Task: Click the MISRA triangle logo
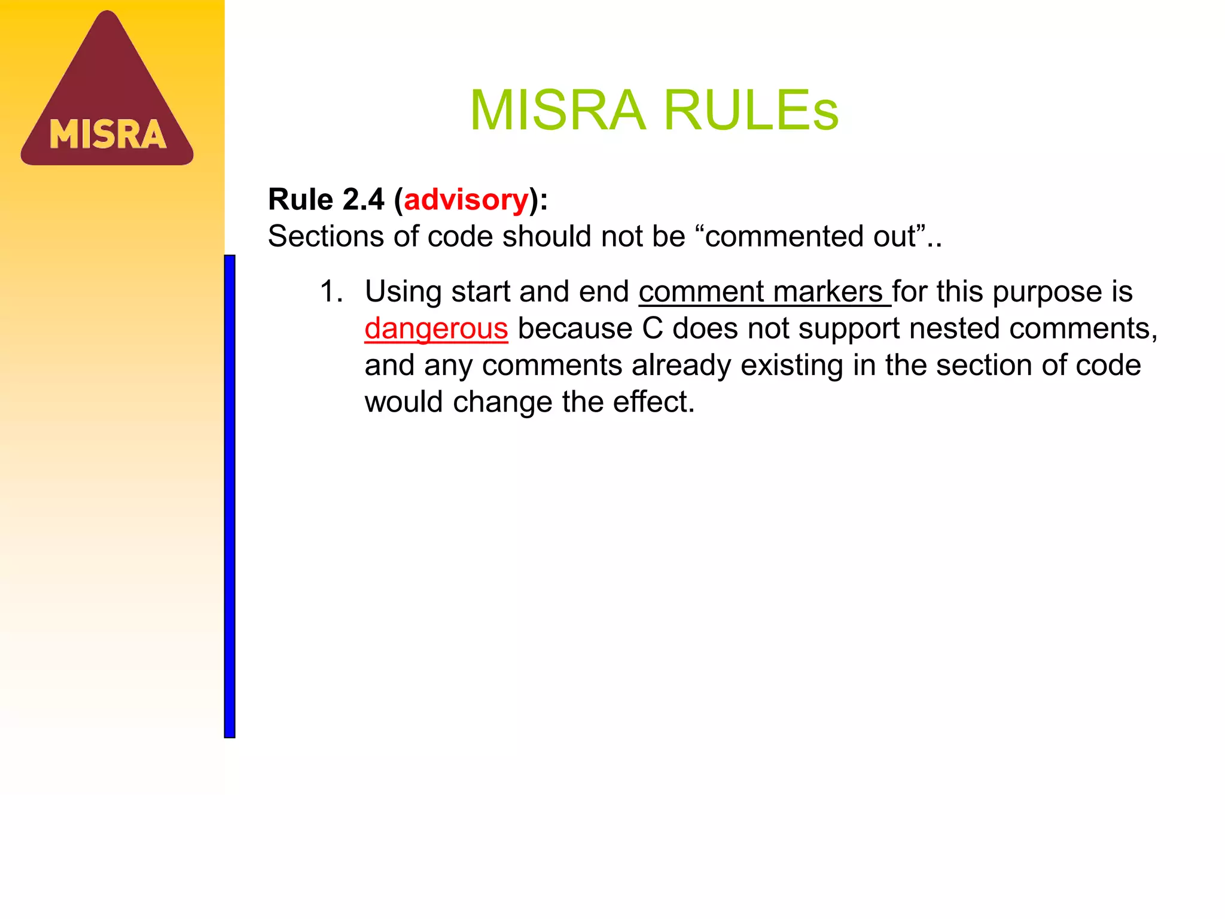click(107, 96)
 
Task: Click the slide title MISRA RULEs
click(654, 110)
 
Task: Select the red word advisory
click(466, 199)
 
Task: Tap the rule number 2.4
click(363, 199)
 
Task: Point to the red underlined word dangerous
click(436, 328)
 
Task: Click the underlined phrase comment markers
click(764, 292)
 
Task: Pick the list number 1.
click(331, 292)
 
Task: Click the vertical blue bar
click(230, 496)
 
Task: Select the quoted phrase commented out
click(811, 236)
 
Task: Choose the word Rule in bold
click(300, 199)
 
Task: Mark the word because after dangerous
click(574, 328)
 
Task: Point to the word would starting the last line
click(404, 402)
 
